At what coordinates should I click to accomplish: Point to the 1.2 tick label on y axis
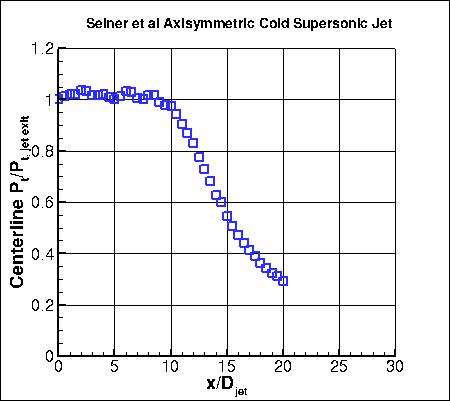41,48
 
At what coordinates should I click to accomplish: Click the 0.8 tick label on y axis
41,151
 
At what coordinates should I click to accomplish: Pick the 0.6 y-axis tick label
41,202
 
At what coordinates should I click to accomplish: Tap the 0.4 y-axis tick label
41,254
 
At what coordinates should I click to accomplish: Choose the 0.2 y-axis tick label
41,305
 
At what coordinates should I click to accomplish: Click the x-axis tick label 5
115,368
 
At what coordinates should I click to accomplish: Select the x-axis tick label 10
171,368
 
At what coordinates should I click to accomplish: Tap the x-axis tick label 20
284,368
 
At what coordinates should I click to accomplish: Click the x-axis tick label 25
340,368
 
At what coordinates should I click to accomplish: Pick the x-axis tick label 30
396,368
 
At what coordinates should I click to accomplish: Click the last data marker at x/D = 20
283,281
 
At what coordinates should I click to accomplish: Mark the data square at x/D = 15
227,216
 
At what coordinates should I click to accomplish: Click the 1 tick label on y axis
48,99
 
